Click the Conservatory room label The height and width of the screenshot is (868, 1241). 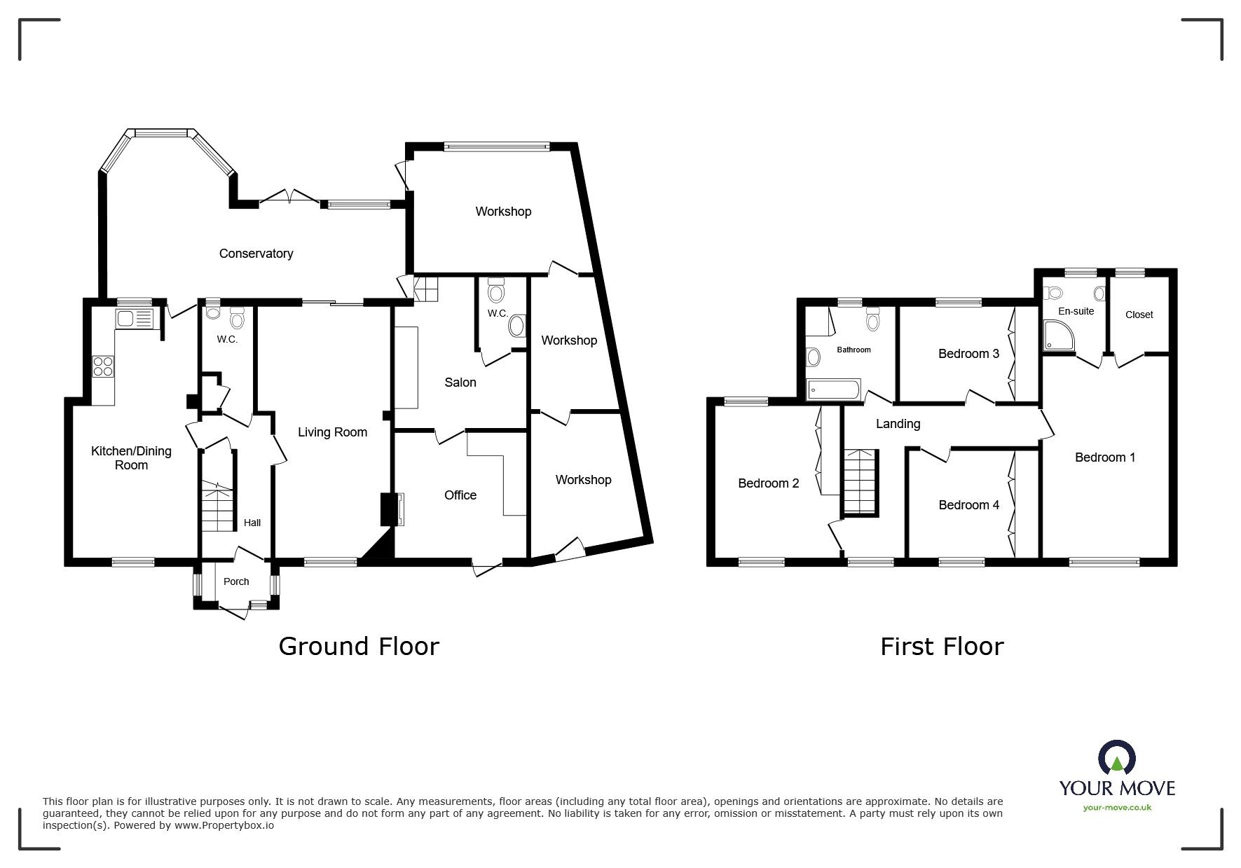[x=256, y=254]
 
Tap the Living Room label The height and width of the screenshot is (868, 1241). [x=332, y=432]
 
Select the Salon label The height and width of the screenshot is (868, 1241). [x=460, y=383]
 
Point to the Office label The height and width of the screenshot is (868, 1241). [x=460, y=495]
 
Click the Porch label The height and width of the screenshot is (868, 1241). [x=236, y=581]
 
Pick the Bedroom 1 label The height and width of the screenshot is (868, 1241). [x=1105, y=457]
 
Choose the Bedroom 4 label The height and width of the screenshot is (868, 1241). [x=969, y=505]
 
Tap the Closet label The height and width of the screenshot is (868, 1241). [x=1139, y=315]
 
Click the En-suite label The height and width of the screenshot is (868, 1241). [x=1076, y=311]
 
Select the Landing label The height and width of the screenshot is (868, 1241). [x=898, y=424]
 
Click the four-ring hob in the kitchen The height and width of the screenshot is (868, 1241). [x=103, y=366]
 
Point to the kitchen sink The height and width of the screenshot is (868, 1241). [x=135, y=319]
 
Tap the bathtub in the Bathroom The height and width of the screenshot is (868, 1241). [x=833, y=390]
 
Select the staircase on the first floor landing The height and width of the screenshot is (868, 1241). [x=861, y=483]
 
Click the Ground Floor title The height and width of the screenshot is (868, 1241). [x=359, y=646]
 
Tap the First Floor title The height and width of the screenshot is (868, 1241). [x=942, y=646]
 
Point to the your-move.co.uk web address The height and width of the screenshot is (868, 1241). [x=1117, y=808]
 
